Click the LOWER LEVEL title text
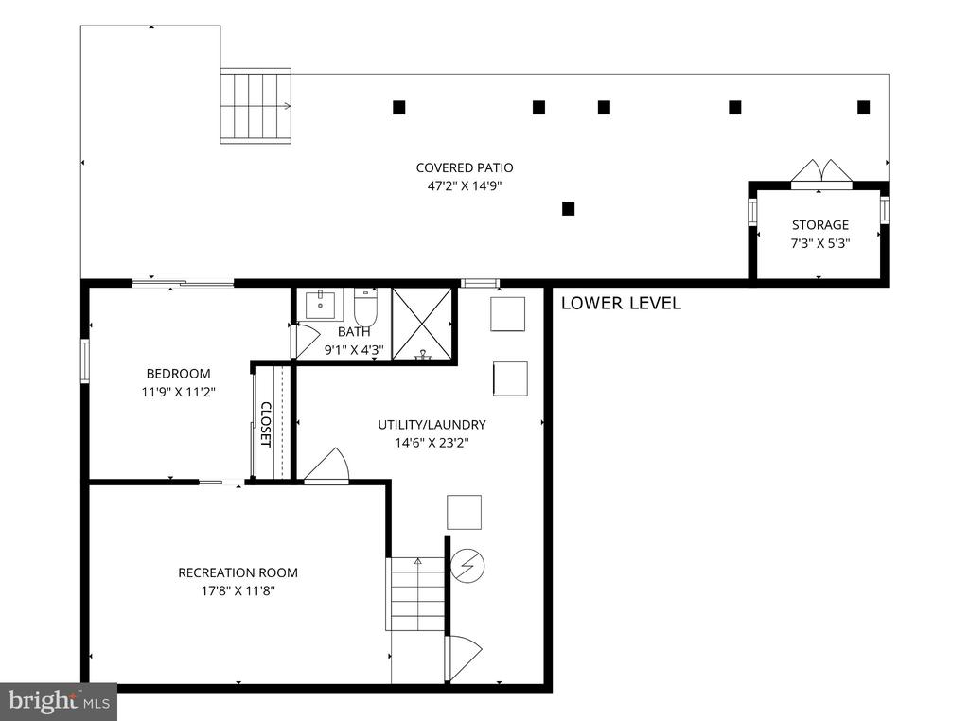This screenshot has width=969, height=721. [621, 304]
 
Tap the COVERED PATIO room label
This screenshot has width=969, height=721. [465, 167]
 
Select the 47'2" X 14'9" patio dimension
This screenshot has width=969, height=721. [465, 186]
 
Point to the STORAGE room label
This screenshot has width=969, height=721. [820, 225]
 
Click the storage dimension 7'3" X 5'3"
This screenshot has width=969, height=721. [820, 243]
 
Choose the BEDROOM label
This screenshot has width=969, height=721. [178, 374]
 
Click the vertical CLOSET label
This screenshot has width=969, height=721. [266, 425]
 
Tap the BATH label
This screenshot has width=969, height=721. [354, 332]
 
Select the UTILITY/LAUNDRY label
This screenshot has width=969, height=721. [432, 425]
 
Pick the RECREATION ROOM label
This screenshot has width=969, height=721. [238, 572]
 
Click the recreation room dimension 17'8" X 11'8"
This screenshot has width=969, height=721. [238, 591]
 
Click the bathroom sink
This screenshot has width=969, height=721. [320, 305]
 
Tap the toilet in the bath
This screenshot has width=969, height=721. [365, 308]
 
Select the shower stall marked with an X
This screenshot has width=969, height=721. [422, 324]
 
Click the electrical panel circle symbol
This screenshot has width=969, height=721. [467, 566]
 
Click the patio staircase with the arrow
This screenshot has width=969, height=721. [255, 106]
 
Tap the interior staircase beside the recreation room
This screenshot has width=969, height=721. [416, 593]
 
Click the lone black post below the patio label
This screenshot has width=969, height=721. [569, 209]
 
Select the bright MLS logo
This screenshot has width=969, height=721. [58, 702]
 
